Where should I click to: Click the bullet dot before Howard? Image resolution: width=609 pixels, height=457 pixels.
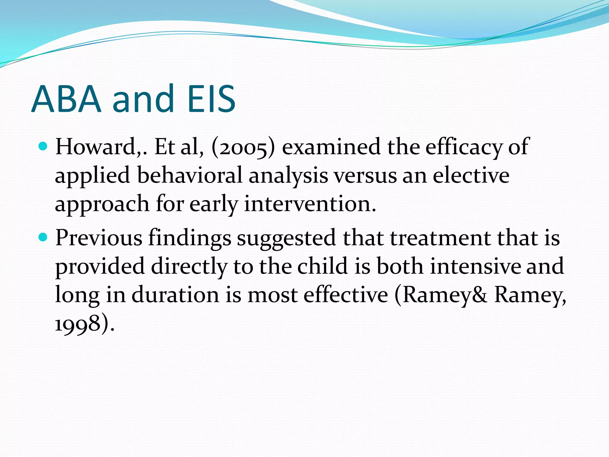click(x=43, y=146)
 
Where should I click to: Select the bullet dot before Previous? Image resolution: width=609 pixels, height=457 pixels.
click(x=43, y=237)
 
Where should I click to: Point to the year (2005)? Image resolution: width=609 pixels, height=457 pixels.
click(x=243, y=148)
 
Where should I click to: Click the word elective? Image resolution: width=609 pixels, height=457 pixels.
click(x=471, y=176)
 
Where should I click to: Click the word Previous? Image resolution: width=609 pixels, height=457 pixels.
click(x=99, y=238)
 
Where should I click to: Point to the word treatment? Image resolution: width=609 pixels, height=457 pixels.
click(x=441, y=238)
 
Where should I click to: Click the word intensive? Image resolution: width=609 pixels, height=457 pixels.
click(x=475, y=266)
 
